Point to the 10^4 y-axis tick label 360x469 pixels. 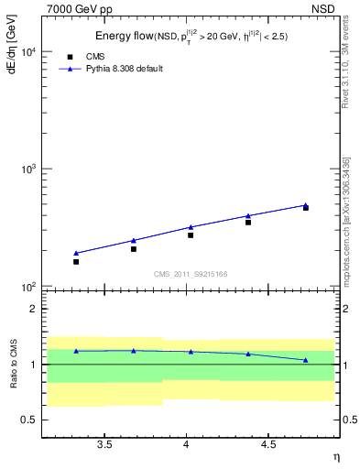click(x=27, y=52)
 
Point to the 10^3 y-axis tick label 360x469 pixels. click(x=27, y=170)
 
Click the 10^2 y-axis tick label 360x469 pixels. click(x=27, y=288)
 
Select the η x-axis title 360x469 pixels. click(x=335, y=457)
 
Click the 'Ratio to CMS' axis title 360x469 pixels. click(x=12, y=365)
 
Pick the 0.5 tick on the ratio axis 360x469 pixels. click(x=30, y=420)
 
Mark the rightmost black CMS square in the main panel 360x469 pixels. click(x=306, y=208)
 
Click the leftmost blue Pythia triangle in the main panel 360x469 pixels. click(x=76, y=253)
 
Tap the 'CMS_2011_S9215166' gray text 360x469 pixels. click(x=191, y=274)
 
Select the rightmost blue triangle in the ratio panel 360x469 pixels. click(x=306, y=360)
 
